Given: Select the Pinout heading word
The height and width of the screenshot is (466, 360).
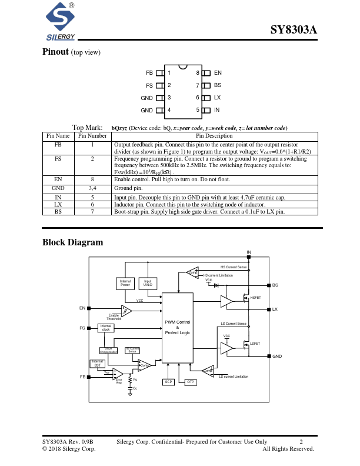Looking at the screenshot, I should (x=55, y=52).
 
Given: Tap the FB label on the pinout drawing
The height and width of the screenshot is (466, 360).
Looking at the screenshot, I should (x=149, y=72).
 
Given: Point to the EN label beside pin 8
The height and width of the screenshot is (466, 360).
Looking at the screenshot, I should (x=218, y=72).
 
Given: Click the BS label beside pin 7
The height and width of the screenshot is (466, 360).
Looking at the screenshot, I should (x=218, y=85).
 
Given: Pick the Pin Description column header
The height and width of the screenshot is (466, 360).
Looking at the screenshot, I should (x=214, y=136).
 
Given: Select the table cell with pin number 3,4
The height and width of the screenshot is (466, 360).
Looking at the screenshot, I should (x=92, y=188).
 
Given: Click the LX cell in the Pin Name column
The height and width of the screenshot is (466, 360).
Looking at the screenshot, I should (x=58, y=204).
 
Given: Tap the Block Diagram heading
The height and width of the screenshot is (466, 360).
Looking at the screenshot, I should (x=72, y=242).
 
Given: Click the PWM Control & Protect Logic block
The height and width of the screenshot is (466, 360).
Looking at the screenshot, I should (x=177, y=328).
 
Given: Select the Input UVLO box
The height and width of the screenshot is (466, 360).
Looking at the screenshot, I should (x=148, y=283).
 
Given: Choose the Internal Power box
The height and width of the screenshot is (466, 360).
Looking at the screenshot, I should (x=125, y=283).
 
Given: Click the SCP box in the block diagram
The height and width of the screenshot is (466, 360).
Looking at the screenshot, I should (x=169, y=382).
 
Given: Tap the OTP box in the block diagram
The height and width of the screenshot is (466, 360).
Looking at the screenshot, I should (x=190, y=382).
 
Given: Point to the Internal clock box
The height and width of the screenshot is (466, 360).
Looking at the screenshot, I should (x=106, y=328).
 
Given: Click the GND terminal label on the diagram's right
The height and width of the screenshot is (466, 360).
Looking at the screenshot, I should (x=277, y=356).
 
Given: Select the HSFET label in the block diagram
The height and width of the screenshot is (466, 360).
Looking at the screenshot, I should (x=255, y=298).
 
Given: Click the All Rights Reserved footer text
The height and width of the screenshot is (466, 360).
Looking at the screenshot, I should (x=288, y=449).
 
